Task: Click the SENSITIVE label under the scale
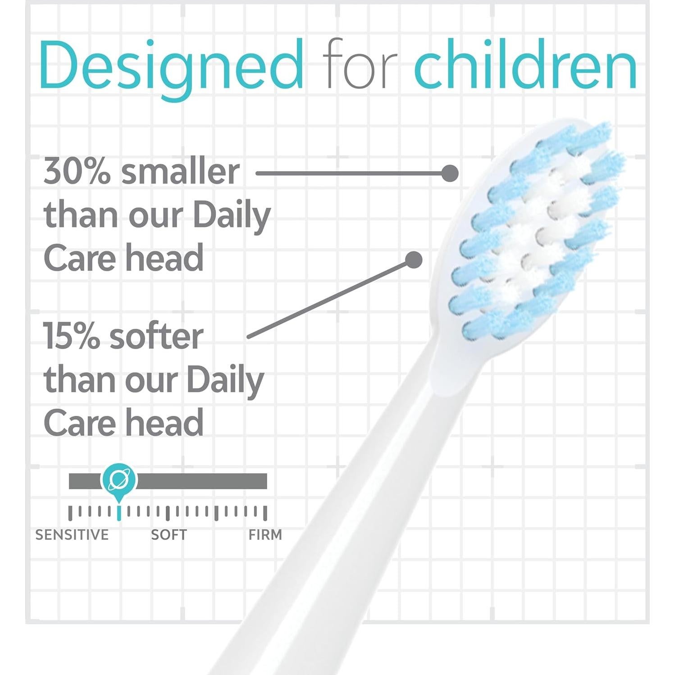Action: point(72,535)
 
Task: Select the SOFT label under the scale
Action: point(169,535)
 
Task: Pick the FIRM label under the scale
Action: point(265,535)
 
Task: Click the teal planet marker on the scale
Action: point(119,479)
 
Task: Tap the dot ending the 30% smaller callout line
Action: point(450,173)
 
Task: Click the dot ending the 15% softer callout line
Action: point(414,260)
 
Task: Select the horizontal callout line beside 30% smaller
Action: point(351,173)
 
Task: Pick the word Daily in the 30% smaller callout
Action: point(232,215)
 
